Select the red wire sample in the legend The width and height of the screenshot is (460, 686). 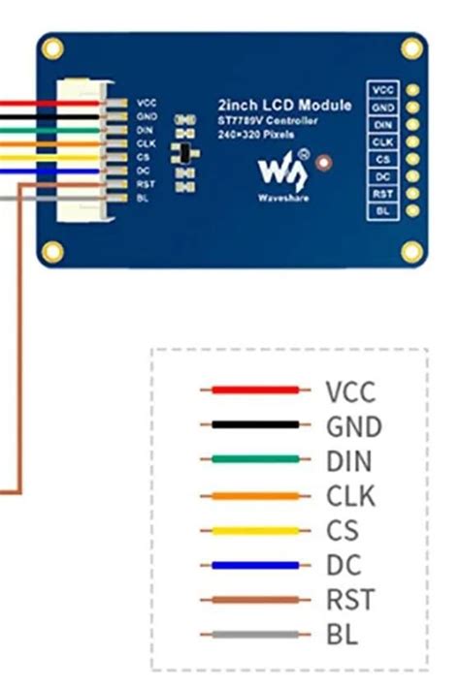pyautogui.click(x=255, y=390)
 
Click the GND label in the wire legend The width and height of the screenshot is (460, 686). pyautogui.click(x=353, y=425)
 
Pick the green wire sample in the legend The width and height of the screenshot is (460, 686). pyautogui.click(x=255, y=460)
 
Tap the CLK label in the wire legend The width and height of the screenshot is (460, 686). pyautogui.click(x=349, y=496)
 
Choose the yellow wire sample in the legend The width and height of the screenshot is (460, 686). pyautogui.click(x=255, y=531)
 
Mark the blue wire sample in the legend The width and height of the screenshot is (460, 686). pyautogui.click(x=255, y=566)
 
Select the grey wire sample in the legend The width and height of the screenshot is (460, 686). pyautogui.click(x=255, y=636)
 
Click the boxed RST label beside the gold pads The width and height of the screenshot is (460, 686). pyautogui.click(x=383, y=194)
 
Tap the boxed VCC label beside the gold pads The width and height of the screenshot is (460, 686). pyautogui.click(x=383, y=90)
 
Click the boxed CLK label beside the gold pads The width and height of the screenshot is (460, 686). pyautogui.click(x=383, y=142)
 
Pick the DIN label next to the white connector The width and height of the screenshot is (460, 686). pyautogui.click(x=146, y=130)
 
